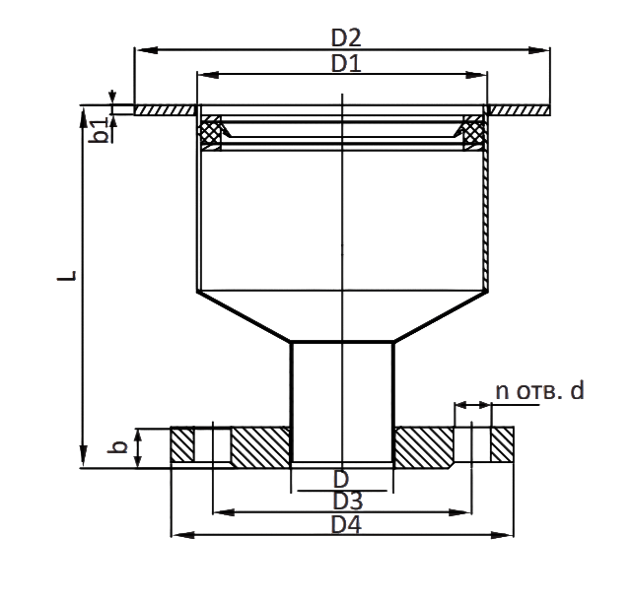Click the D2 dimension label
346,37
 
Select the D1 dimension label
346,63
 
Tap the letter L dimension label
67,276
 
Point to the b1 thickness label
99,130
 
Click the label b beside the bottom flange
117,446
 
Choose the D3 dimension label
347,501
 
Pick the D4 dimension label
346,524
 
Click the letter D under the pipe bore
341,480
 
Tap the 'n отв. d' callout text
539,391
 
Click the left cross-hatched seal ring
210,132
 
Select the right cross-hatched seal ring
474,132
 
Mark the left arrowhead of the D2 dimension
146,50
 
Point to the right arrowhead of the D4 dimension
503,535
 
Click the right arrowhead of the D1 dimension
476,75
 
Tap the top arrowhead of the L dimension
83,118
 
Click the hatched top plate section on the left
165,110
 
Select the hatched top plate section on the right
520,110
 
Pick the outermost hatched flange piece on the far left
182,444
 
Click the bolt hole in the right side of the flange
472,444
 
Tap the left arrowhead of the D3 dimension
224,512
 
